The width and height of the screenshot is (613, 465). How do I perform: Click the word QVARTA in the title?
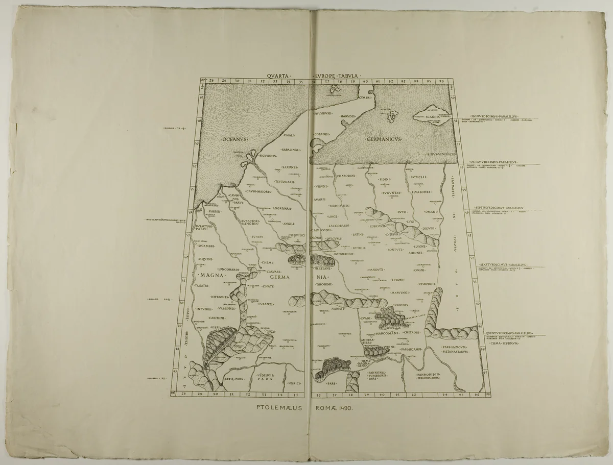tap(278, 76)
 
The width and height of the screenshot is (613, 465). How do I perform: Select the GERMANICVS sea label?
tap(384, 138)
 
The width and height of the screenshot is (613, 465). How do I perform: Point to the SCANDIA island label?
tap(433, 117)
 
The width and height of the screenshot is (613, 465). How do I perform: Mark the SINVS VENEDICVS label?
tap(441, 153)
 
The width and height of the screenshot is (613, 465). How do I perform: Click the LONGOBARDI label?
tap(232, 269)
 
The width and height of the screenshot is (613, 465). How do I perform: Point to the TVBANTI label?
tap(266, 304)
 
